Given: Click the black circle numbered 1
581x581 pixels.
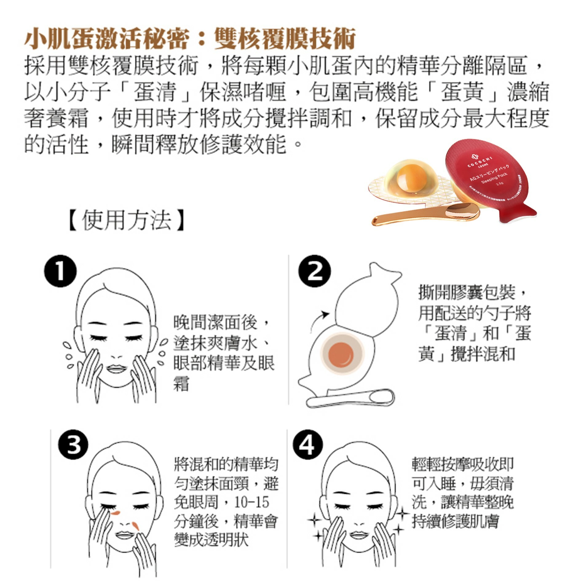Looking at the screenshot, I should click(60, 271).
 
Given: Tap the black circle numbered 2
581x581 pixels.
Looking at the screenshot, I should click(314, 271).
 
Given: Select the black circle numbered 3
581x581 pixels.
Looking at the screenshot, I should click(73, 445).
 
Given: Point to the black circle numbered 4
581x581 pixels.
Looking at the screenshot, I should click(308, 445).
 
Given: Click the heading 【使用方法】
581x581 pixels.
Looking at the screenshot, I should click(126, 220).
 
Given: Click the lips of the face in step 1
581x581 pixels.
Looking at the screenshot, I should click(116, 368).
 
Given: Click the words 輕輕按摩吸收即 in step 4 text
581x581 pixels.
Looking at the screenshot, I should click(462, 464).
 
